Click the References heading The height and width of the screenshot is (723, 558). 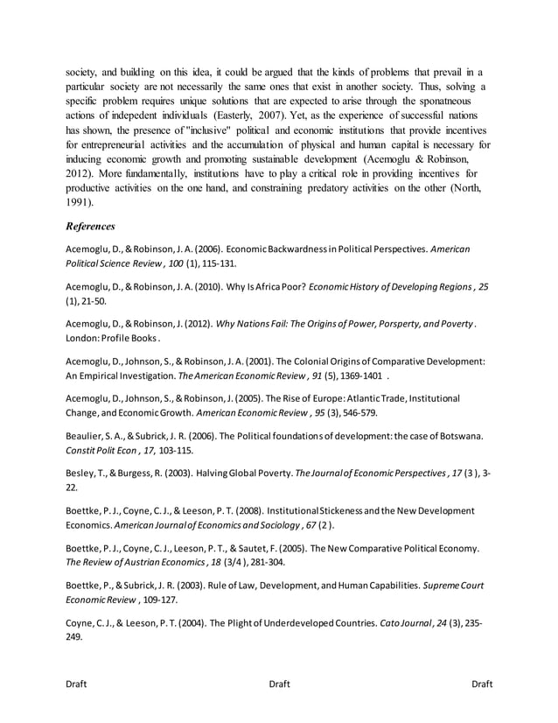pos(90,225)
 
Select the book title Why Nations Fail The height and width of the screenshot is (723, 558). pos(255,324)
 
